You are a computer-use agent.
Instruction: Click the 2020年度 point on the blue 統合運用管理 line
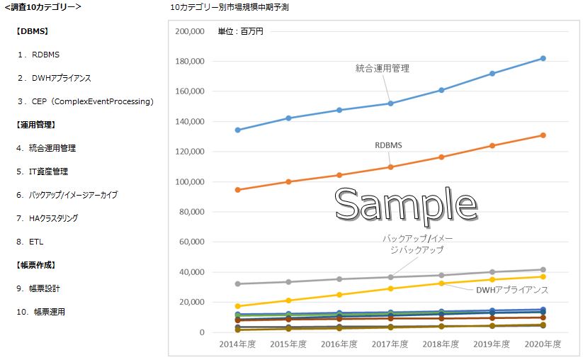[543, 58]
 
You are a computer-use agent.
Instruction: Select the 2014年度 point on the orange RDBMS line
[237, 190]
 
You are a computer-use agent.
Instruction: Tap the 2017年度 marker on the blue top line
[390, 103]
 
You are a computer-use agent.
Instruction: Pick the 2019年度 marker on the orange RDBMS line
[492, 146]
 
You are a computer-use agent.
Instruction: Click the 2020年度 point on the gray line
[543, 270]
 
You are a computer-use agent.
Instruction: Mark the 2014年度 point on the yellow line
[237, 306]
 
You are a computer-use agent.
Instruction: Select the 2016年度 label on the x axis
[339, 344]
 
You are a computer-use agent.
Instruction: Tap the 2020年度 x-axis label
[543, 344]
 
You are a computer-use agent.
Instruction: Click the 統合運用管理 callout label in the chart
[383, 69]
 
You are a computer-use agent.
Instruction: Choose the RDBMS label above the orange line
[389, 145]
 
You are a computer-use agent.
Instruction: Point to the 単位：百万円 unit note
[240, 32]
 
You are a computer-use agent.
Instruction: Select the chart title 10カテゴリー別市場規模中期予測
[230, 7]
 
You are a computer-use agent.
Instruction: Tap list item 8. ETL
[30, 242]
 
